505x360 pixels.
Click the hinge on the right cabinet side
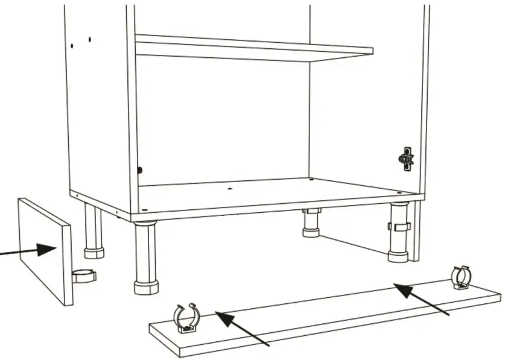coord(406,159)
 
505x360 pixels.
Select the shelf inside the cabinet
coord(253,48)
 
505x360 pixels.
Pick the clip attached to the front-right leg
coord(399,227)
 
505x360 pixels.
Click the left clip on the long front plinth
coord(186,318)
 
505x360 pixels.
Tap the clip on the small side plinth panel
coord(84,276)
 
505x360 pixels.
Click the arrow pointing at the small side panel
coord(30,250)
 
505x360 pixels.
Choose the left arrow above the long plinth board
coord(241,328)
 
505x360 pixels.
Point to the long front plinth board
coord(326,317)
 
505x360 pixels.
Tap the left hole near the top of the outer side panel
coord(71,46)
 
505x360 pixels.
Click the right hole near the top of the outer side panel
coord(89,40)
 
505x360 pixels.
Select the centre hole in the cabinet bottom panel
coord(230,189)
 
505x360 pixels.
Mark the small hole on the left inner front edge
coord(139,170)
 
